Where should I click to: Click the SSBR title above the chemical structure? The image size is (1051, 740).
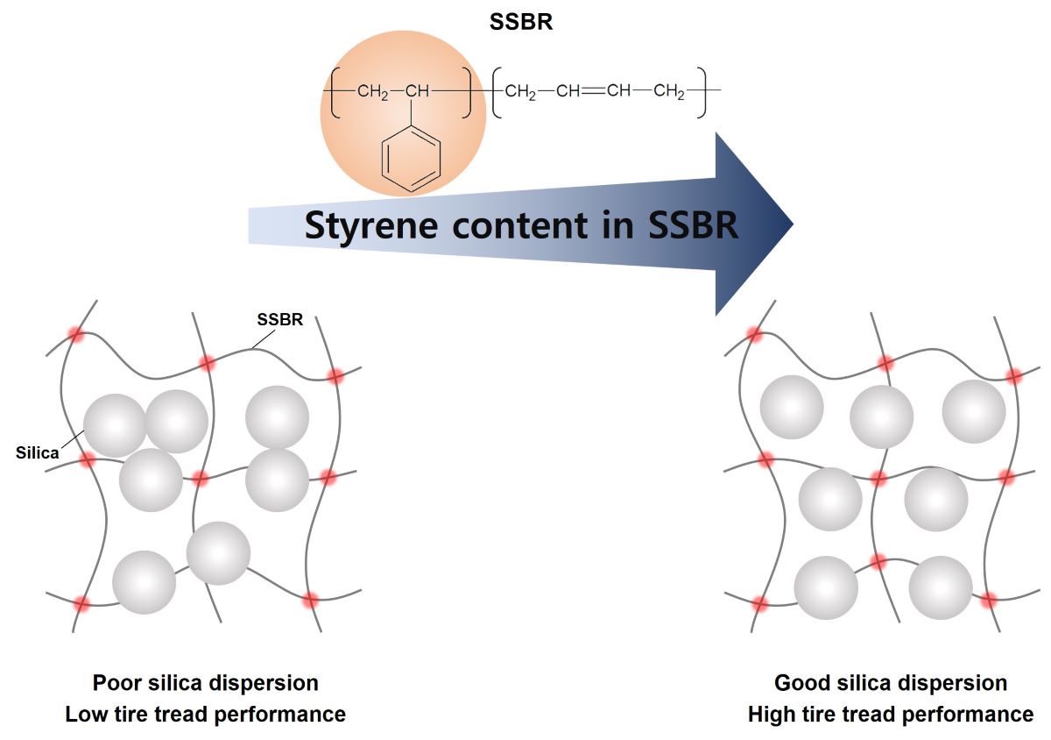[x=521, y=22]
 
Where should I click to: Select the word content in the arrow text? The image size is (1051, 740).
[x=518, y=225]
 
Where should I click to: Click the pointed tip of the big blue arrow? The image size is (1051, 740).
[x=791, y=224]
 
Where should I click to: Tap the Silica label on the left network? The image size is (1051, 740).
[x=38, y=453]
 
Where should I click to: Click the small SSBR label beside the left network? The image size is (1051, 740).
[x=280, y=320]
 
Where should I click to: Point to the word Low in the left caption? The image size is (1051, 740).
[x=84, y=714]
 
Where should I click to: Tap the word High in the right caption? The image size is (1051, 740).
[x=768, y=715]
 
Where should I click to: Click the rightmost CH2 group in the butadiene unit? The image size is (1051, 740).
[x=669, y=90]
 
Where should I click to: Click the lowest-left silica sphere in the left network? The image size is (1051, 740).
[x=145, y=582]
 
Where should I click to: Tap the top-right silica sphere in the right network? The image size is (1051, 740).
[x=974, y=411]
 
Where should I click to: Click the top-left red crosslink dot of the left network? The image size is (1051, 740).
[x=76, y=335]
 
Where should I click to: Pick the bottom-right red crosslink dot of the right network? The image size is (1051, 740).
[x=989, y=601]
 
